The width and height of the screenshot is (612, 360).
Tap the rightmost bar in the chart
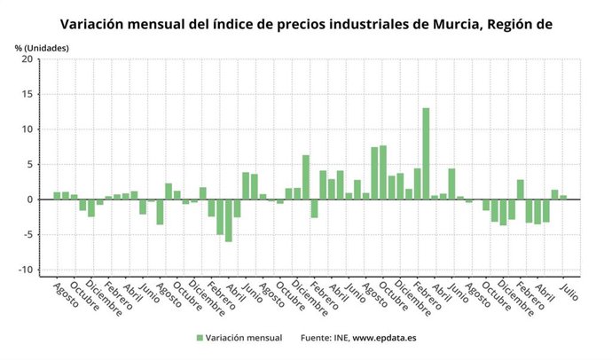[563, 197]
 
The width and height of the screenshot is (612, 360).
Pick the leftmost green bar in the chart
[57, 195]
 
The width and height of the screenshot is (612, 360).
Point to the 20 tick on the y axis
[27, 59]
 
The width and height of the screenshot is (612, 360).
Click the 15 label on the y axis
[27, 94]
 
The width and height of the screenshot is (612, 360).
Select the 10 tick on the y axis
[27, 129]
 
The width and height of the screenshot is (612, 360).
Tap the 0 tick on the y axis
[29, 200]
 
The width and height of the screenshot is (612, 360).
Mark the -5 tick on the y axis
[27, 235]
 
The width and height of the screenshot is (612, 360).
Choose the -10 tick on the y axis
[26, 270]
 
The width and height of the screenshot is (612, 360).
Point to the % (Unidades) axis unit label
[41, 45]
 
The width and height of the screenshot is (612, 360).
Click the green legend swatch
[200, 338]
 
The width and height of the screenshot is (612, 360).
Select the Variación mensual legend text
[244, 338]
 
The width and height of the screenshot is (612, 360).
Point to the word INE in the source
[337, 338]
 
